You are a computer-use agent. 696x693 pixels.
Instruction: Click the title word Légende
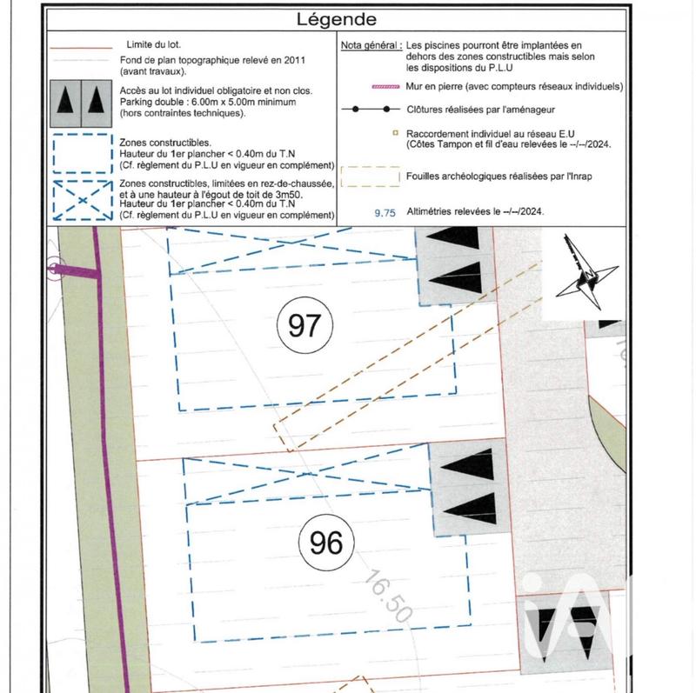tap(337, 18)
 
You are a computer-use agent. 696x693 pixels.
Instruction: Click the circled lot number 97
tap(304, 326)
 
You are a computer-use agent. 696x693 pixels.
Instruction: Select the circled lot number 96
tap(326, 543)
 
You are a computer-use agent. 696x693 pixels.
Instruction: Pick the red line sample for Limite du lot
tap(81, 47)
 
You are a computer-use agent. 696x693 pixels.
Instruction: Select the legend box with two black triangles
tap(81, 100)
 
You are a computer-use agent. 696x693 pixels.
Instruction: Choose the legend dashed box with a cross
tap(81, 199)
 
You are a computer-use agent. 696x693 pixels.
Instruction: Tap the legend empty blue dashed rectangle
tap(81, 152)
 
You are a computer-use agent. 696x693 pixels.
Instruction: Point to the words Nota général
tap(371, 43)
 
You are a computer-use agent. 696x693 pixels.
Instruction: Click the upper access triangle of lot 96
tap(463, 466)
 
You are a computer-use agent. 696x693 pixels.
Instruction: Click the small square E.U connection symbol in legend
tap(395, 134)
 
